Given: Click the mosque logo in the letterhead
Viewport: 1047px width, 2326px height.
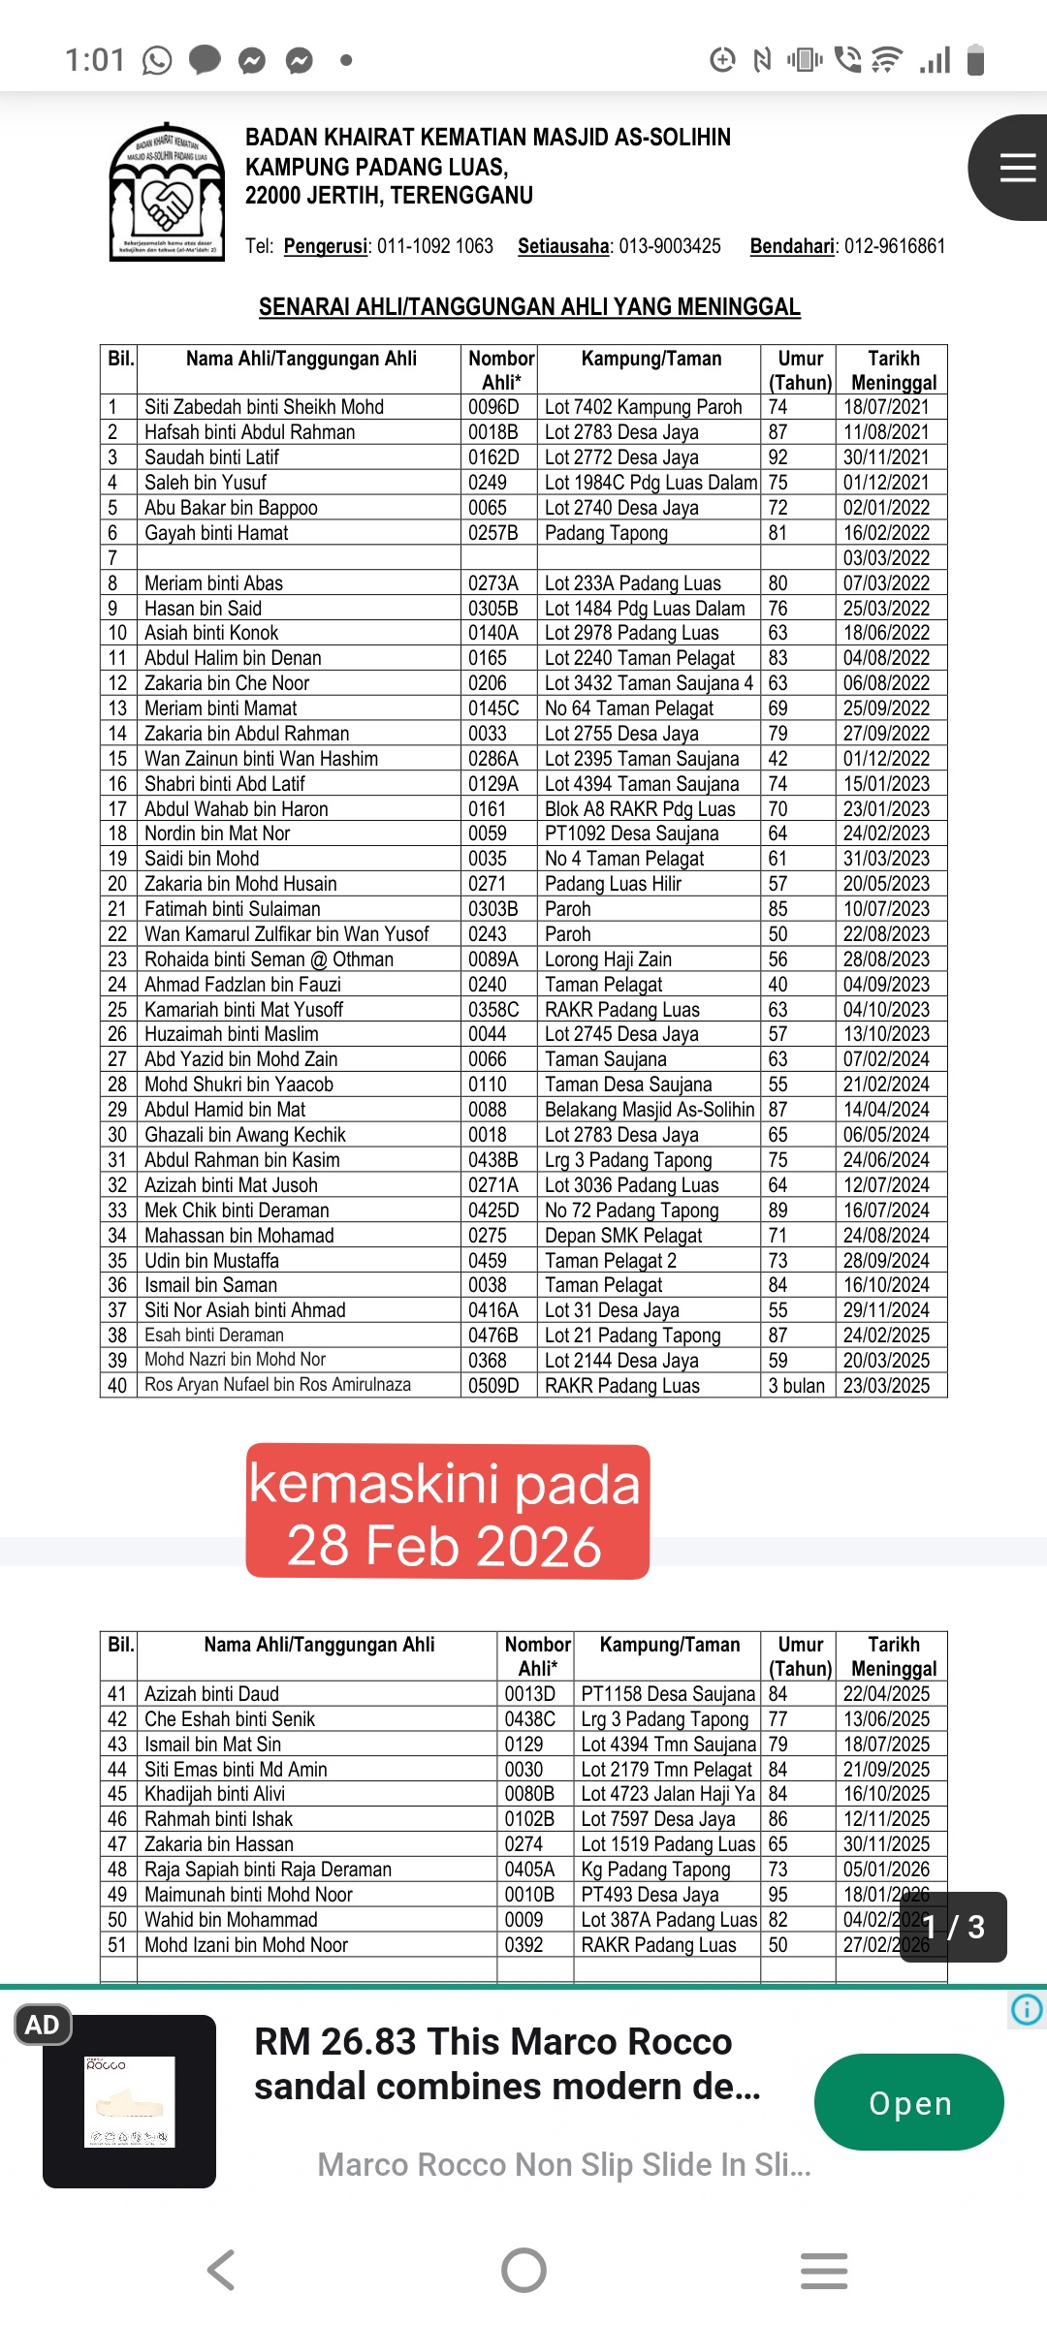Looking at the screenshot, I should (167, 192).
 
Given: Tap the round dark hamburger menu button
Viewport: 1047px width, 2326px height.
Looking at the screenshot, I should (1014, 168).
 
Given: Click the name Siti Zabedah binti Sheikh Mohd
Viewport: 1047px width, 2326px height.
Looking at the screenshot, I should (264, 407).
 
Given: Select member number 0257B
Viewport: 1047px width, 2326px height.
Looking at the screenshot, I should (492, 533).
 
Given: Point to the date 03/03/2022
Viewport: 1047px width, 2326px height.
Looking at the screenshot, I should (886, 558).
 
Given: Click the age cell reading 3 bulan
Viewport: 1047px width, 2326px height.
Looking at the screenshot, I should (797, 1386).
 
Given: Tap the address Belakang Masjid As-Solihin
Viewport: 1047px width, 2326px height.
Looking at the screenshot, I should (649, 1110).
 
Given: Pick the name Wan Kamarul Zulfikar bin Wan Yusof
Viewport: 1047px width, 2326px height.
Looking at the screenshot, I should (286, 934).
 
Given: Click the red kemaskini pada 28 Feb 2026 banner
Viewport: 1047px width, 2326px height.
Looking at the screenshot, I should (447, 1512).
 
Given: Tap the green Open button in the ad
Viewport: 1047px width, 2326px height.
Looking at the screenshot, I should (908, 2102).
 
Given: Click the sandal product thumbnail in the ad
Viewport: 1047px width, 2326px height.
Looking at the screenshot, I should (129, 2102).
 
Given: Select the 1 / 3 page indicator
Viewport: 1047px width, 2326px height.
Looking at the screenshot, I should (953, 1927).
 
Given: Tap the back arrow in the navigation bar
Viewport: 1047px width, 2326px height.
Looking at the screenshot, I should (221, 2270).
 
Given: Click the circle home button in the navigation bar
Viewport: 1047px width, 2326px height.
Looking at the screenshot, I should (523, 2270).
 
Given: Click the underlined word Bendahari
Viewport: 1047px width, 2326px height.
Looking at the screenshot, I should (792, 246).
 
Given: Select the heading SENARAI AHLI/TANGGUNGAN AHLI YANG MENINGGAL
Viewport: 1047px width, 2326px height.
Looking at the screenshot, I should (528, 307).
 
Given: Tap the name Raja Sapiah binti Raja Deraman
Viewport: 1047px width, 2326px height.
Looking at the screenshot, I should (268, 1870).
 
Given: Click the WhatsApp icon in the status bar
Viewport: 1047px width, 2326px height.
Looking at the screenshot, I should (157, 61).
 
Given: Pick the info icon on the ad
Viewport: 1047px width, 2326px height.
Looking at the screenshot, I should (1027, 2009).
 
